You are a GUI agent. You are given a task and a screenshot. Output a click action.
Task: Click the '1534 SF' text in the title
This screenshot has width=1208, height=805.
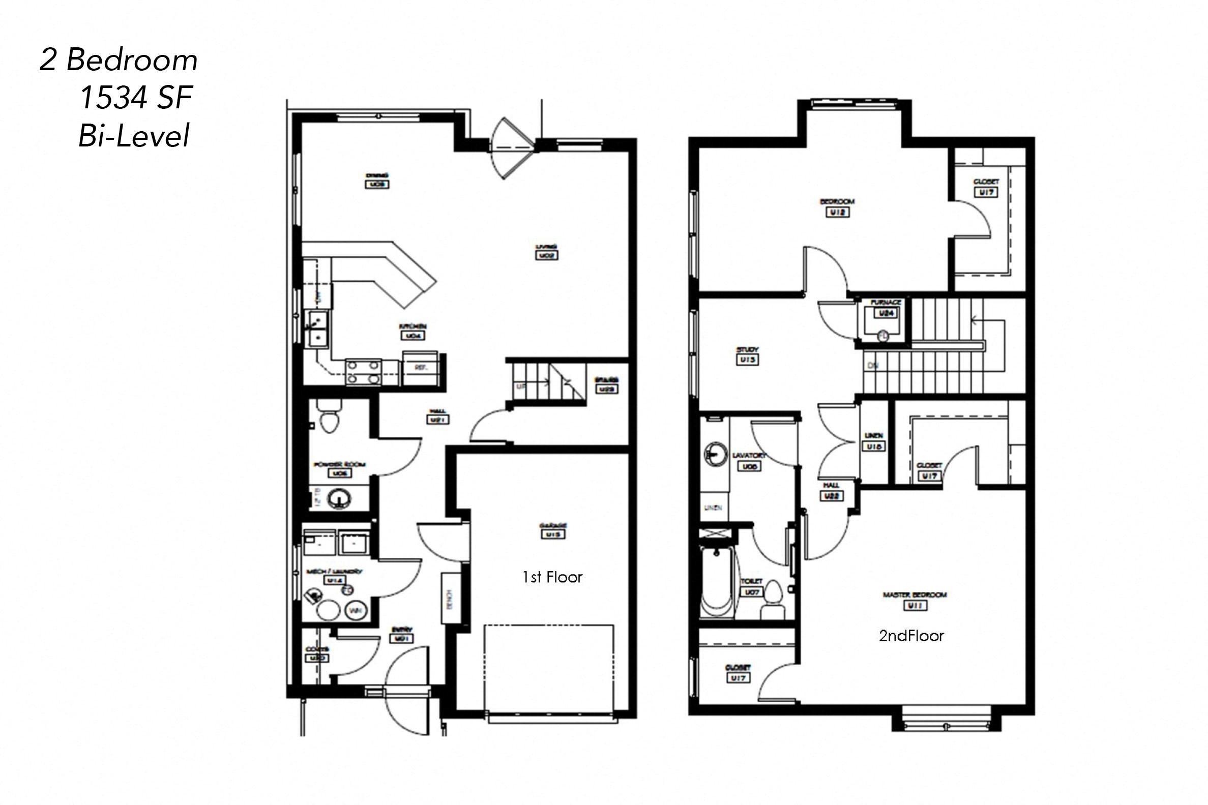[136, 98]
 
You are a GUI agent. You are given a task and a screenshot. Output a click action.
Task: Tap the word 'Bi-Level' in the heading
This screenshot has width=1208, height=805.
[134, 136]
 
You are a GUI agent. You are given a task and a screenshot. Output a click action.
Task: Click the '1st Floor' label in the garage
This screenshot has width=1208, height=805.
[552, 578]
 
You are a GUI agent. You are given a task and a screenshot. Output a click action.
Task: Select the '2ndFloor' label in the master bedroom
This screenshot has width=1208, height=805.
[911, 636]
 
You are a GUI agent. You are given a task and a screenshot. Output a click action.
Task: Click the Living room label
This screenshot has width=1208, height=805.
[546, 251]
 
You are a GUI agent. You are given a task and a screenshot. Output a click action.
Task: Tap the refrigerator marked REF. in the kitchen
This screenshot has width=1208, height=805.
[420, 368]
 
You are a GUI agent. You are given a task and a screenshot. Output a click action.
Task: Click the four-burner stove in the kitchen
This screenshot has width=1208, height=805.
[364, 372]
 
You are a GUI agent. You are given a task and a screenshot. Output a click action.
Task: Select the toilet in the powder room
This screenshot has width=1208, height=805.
[329, 419]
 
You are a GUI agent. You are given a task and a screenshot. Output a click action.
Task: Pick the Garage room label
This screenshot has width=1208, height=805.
[553, 530]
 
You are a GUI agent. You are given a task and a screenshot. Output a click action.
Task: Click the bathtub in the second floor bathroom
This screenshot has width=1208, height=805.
[717, 584]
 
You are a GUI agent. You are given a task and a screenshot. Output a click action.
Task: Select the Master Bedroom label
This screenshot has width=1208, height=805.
[915, 600]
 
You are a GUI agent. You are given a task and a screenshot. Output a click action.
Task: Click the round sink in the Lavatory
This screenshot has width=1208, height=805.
[715, 454]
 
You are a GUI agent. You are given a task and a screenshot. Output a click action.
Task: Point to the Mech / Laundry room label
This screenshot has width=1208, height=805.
[334, 576]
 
